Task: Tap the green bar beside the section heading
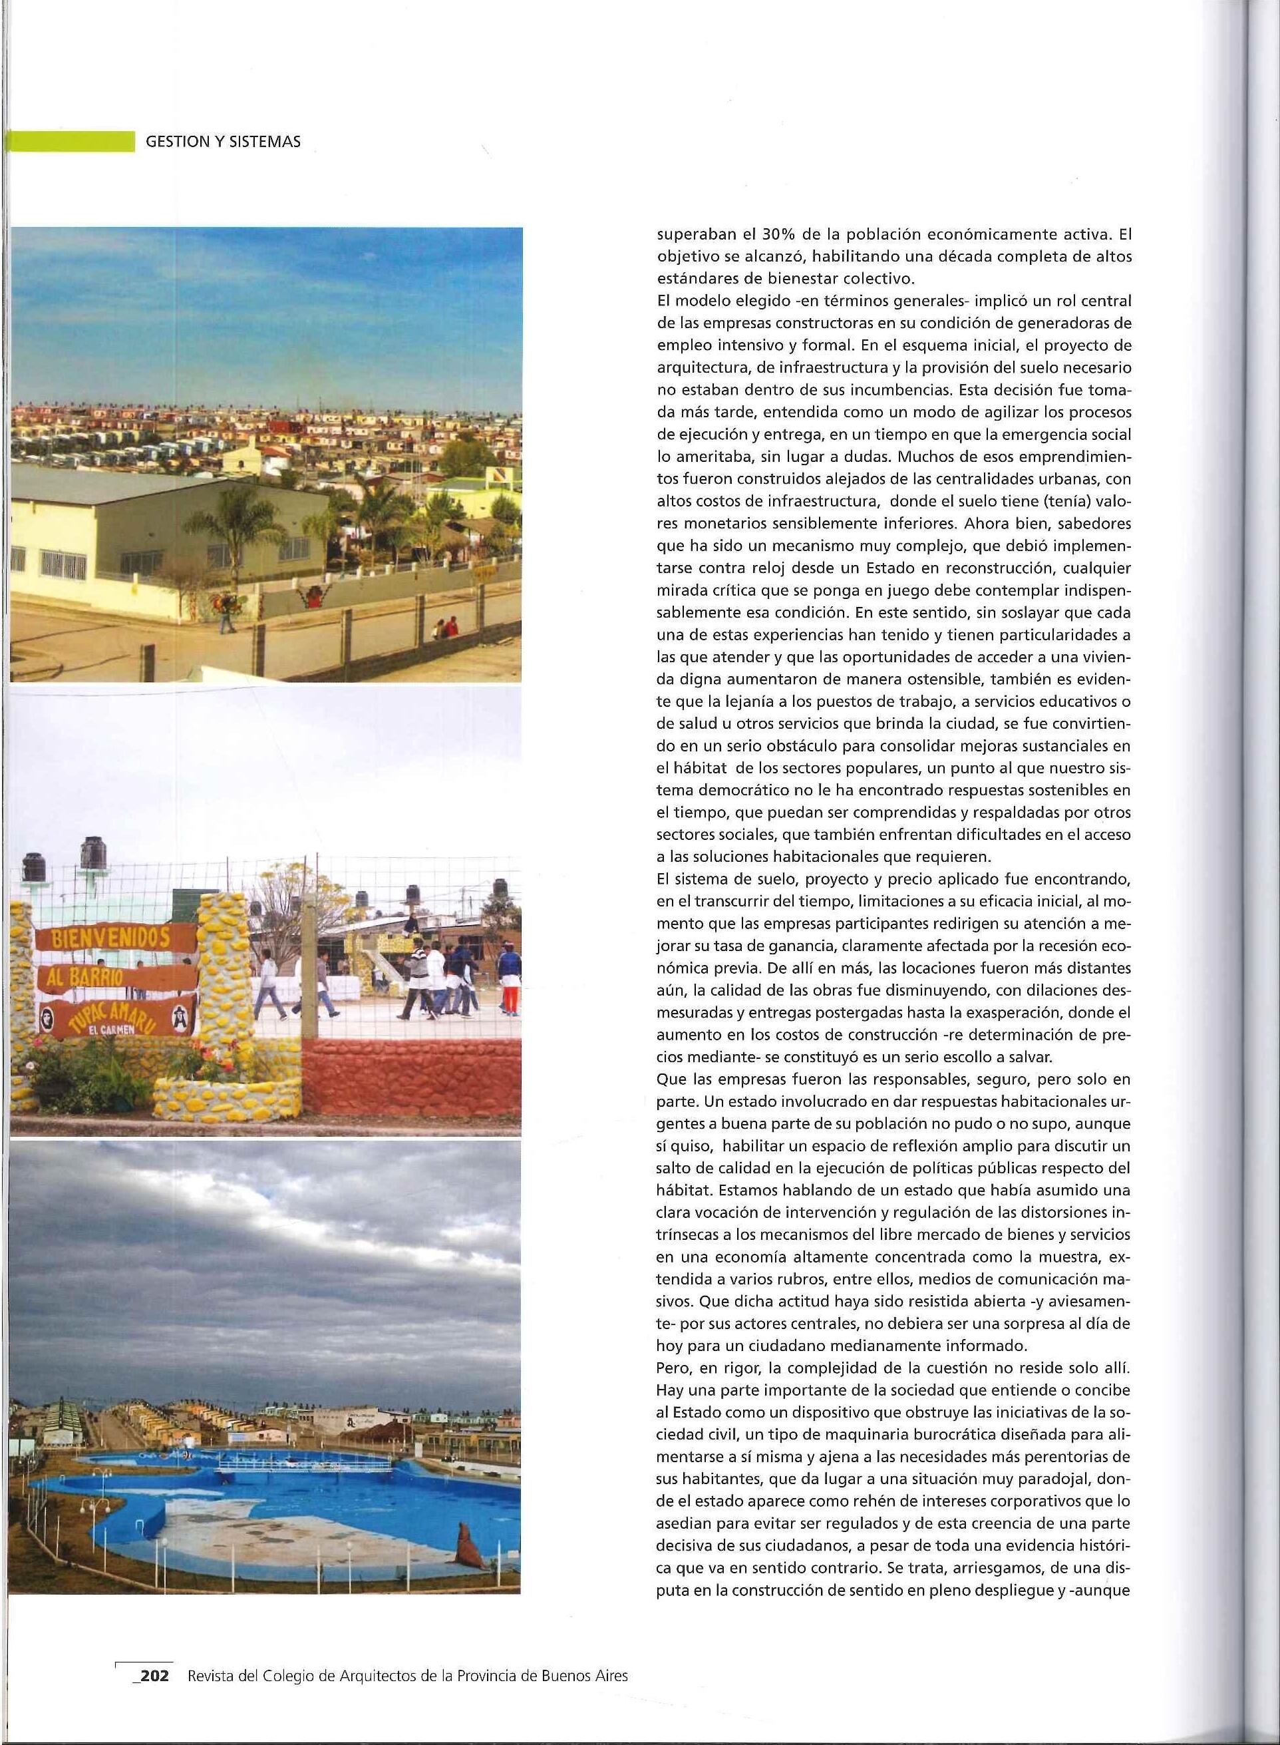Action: click(70, 142)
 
